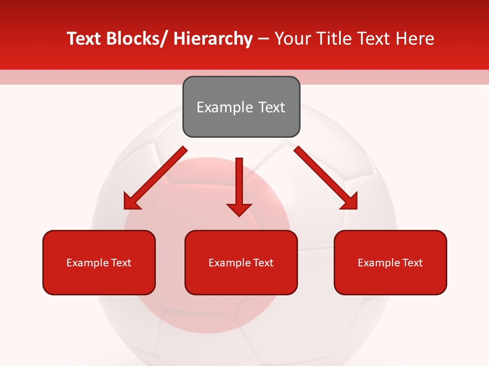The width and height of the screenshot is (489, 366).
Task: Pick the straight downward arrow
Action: pos(239,186)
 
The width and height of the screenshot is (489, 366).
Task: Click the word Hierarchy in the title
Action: pos(213,39)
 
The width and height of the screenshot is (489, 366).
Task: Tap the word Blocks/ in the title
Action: pos(139,39)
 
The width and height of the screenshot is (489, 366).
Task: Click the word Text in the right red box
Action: pos(412,263)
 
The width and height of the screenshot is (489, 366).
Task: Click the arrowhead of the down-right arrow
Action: pos(349,201)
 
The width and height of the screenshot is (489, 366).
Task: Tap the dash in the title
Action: pos(263,39)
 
